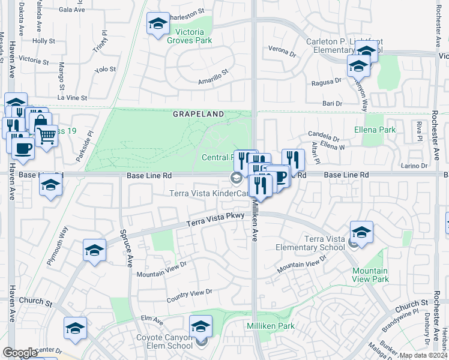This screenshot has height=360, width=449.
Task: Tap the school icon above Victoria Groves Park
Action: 158,24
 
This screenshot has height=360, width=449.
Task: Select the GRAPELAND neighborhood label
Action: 199,113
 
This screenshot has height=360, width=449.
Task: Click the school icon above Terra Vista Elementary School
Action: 361,232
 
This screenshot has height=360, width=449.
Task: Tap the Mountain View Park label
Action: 370,275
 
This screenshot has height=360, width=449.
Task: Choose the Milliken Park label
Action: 270,325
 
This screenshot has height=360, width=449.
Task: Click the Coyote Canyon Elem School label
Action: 165,341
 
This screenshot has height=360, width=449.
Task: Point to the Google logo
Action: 20,353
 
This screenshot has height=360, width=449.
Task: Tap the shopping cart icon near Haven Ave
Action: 46,135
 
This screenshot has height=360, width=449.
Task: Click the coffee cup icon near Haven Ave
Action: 23,148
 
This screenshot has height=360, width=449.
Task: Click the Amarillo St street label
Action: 213,76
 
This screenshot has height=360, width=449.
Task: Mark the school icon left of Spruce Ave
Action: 95,250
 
